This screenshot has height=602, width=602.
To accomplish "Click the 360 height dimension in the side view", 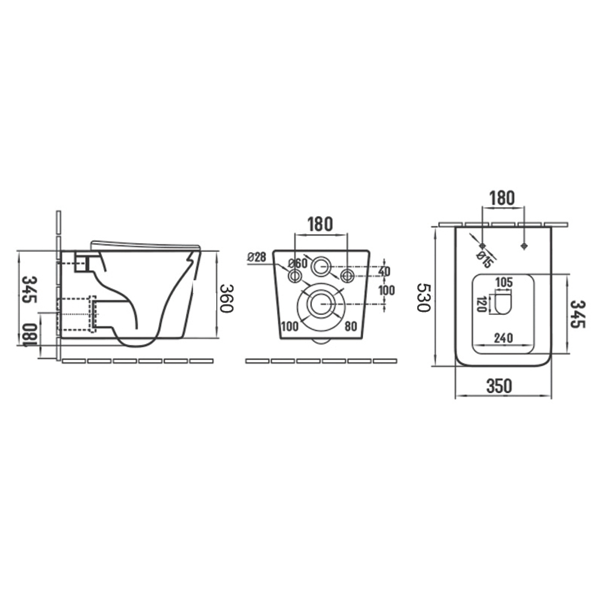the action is point(227,299).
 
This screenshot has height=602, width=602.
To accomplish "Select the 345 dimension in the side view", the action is point(29,289).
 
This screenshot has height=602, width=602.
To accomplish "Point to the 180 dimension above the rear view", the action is point(320,224).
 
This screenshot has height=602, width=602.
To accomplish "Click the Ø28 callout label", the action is point(257,257).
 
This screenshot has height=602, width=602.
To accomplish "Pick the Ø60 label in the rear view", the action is point(298,264).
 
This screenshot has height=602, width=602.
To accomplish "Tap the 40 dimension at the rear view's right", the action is point(384,272).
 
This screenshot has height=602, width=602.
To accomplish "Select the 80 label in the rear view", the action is point(351,326).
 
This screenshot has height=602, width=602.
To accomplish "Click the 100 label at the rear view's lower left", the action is point(290,327).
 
